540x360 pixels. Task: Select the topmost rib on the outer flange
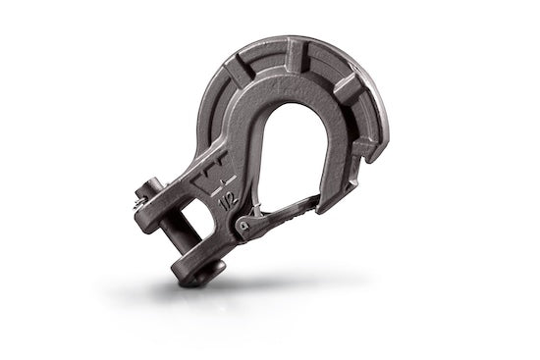tap(295, 44)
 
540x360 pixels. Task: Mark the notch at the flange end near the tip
tap(369, 152)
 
